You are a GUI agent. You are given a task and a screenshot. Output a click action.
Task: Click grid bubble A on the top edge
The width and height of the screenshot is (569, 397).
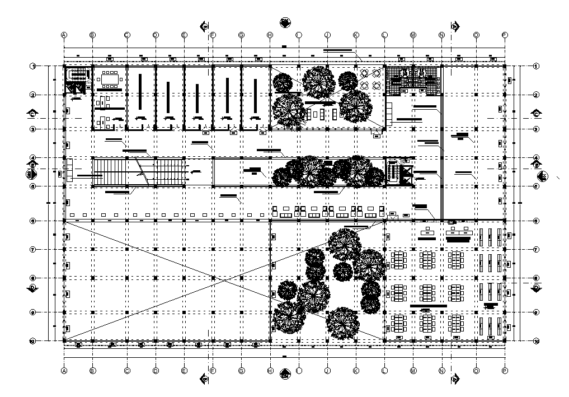pyautogui.click(x=64, y=35)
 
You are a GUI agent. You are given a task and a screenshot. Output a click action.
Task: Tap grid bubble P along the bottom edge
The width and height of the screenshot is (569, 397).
pyautogui.click(x=505, y=371)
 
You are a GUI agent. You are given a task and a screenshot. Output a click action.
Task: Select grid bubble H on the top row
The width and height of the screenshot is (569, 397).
pyautogui.click(x=270, y=35)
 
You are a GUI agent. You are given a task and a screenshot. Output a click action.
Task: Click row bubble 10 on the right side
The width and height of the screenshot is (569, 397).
pyautogui.click(x=536, y=340)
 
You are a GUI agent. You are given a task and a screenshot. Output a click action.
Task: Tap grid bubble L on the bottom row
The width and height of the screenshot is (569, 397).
pyautogui.click(x=384, y=371)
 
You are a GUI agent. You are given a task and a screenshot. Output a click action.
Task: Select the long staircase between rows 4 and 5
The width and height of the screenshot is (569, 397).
pyautogui.click(x=140, y=171)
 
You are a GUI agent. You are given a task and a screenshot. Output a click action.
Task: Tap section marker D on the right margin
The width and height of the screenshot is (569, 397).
pyautogui.click(x=536, y=288)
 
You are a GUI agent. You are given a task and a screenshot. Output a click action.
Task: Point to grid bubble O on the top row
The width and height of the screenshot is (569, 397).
pyautogui.click(x=476, y=35)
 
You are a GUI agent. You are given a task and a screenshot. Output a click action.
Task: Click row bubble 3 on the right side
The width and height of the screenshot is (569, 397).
pyautogui.click(x=536, y=129)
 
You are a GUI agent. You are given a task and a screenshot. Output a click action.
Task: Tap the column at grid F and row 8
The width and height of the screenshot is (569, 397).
pyautogui.click(x=213, y=278)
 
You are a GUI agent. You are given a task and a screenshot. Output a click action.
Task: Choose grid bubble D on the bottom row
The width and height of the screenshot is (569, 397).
pyautogui.click(x=156, y=371)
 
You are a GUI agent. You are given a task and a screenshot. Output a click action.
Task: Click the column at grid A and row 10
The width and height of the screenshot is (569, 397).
pyautogui.click(x=64, y=340)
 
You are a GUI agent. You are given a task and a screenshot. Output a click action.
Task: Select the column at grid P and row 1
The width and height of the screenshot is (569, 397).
pyautogui.click(x=505, y=66)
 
